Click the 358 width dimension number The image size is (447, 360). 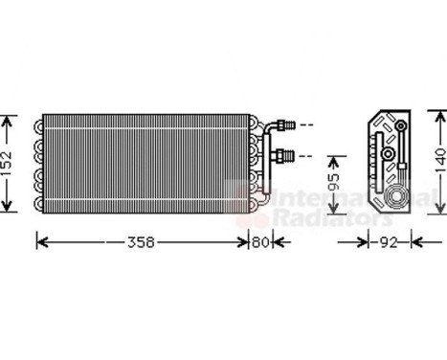(141, 241)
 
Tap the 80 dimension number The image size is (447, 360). (261, 241)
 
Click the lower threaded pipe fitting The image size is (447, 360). (284, 154)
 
